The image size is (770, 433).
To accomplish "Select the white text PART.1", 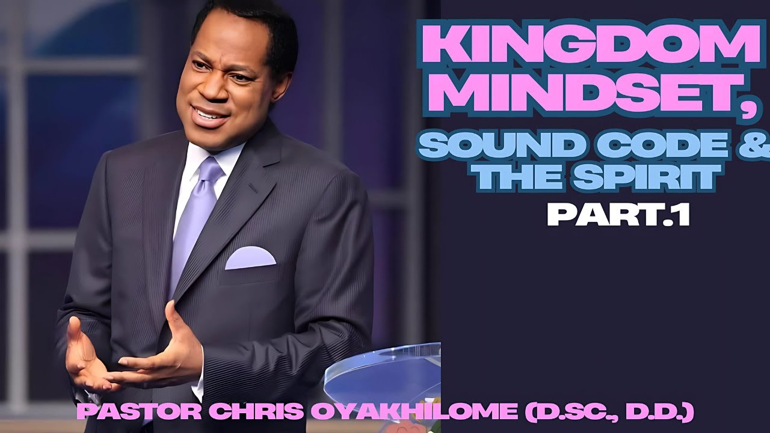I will (618, 215).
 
